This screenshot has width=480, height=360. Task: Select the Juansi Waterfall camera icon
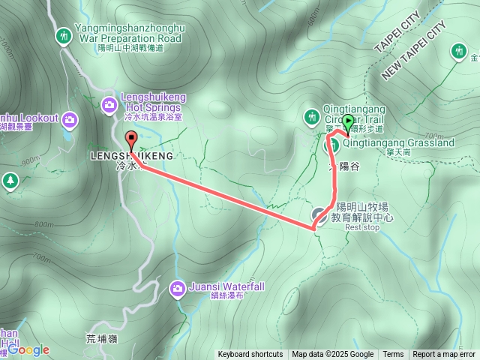[178, 287]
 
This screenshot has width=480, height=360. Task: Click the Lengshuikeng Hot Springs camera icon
[109, 106]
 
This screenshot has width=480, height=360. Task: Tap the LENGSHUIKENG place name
[131, 155]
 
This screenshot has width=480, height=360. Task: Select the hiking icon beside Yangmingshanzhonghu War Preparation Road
[64, 34]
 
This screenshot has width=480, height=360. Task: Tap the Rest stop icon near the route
[319, 215]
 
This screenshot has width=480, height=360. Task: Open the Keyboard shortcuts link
[250, 355]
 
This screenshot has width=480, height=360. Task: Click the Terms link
[393, 355]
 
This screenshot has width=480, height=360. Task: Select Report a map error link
[445, 355]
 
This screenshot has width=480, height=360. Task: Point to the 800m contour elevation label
[44, 224]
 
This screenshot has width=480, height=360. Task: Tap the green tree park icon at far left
[10, 181]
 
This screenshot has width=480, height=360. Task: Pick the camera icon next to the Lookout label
[70, 119]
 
